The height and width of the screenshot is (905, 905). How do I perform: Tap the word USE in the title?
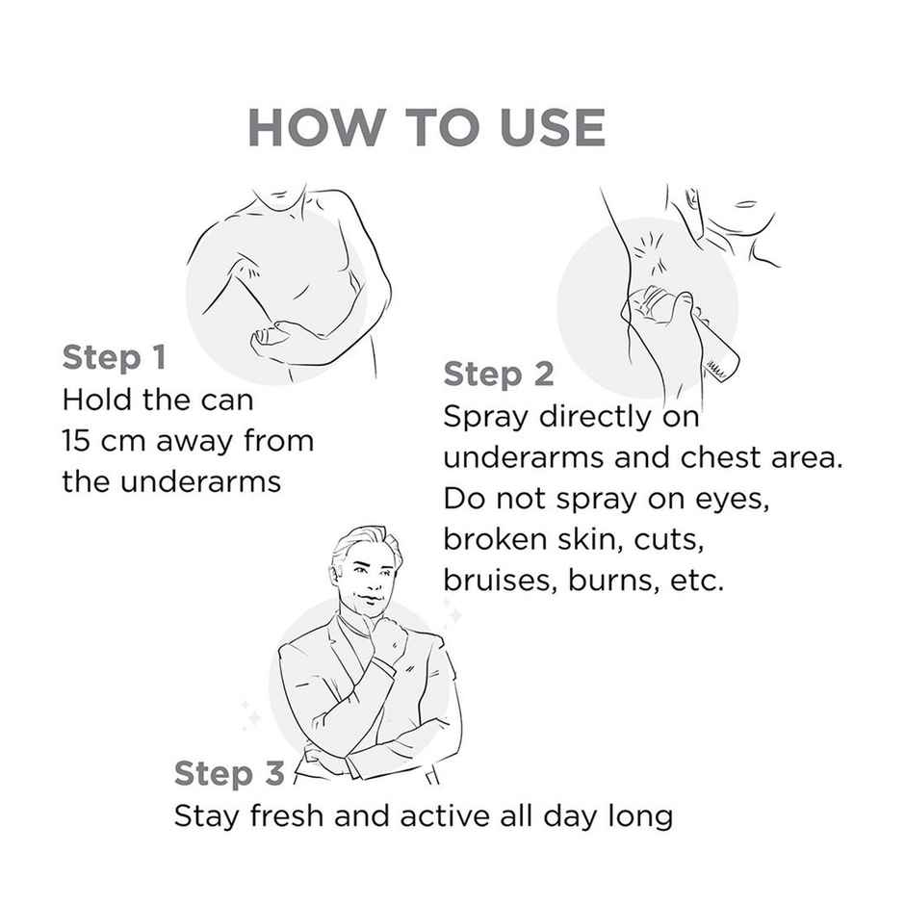[553, 127]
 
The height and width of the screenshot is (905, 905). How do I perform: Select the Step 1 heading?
[115, 357]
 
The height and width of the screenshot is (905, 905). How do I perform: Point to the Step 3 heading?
[229, 773]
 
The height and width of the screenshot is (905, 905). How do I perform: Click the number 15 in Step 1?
[76, 441]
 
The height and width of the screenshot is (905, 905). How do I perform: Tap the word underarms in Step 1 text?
[201, 481]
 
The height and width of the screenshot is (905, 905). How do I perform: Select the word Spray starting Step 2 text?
[485, 418]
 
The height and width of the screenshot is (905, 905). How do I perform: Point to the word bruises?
[501, 580]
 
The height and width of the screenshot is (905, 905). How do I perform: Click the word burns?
[613, 580]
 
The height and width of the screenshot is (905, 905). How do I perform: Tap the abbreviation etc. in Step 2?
[697, 582]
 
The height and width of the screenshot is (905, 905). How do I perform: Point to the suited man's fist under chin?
[388, 633]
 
